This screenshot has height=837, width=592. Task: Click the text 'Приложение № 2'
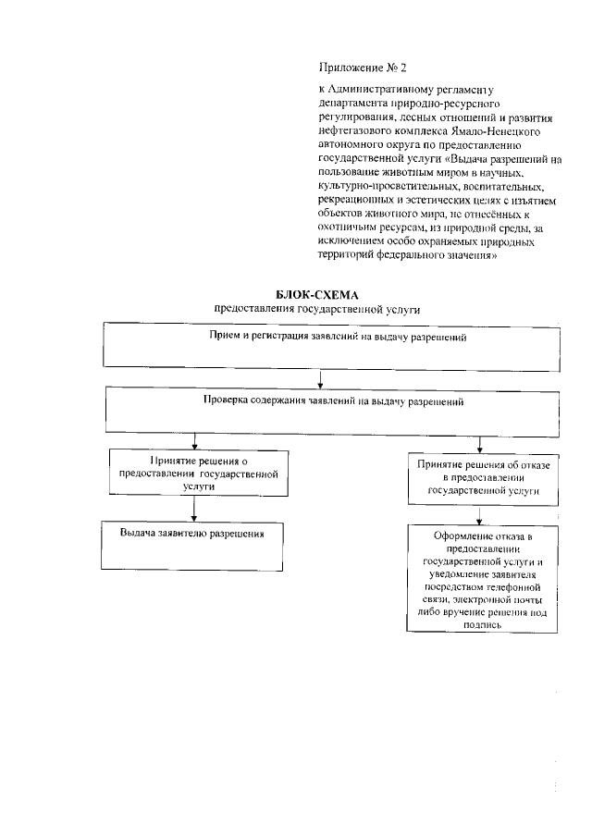pyautogui.click(x=362, y=68)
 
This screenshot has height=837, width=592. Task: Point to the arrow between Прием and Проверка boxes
pyautogui.click(x=320, y=376)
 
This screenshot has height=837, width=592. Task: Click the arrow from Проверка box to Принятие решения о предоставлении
pyautogui.click(x=193, y=439)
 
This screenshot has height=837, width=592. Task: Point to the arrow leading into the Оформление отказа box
pyautogui.click(x=479, y=515)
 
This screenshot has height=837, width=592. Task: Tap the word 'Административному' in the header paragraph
pyautogui.click(x=376, y=90)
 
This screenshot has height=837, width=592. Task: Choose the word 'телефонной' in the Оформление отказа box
pyautogui.click(x=512, y=586)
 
